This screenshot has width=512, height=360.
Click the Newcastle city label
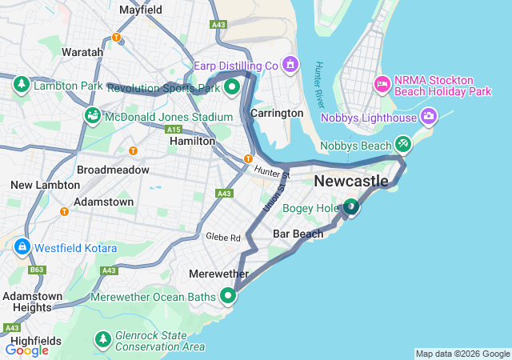click(351, 182)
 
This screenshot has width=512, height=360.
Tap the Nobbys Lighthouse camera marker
click(430, 118)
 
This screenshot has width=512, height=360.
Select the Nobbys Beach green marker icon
click(403, 144)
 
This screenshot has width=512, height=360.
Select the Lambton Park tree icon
click(22, 84)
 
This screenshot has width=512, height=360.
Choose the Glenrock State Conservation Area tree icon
click(102, 339)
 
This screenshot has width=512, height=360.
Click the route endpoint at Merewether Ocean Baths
click(229, 296)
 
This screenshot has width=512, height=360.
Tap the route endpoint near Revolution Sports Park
click(232, 86)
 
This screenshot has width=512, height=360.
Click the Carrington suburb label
click(277, 113)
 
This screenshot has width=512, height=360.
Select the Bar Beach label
click(298, 234)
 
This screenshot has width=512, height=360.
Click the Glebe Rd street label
click(223, 238)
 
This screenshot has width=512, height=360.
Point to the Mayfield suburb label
click(141, 10)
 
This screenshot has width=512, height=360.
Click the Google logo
click(26, 350)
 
